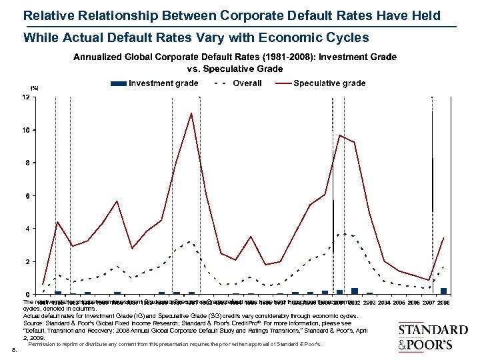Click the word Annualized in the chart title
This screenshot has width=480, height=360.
[x=104, y=58]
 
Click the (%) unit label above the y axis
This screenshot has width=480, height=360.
[x=34, y=88]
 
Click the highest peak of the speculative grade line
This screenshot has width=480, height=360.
[x=191, y=113]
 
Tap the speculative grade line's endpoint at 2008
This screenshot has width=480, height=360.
[x=443, y=238]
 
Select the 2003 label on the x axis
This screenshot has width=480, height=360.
[x=368, y=303]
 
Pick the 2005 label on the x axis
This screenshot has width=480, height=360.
[x=398, y=303]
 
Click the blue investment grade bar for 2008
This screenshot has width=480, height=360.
[x=443, y=291]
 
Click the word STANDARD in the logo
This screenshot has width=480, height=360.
[x=433, y=330]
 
